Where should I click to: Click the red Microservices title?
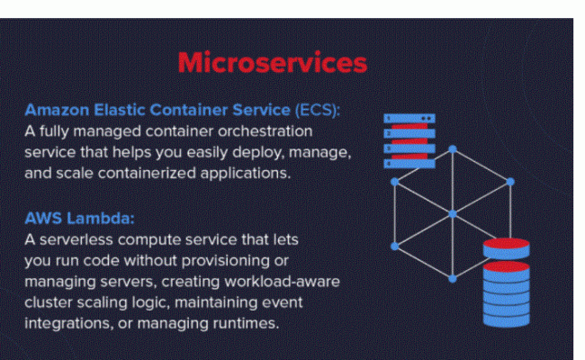(272, 63)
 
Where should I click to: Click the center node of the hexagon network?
(453, 213)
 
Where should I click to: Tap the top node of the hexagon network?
(453, 148)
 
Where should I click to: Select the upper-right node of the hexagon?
(509, 182)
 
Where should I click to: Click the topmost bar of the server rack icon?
(409, 118)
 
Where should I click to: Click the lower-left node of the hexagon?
(395, 245)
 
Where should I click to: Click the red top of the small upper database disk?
(506, 244)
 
